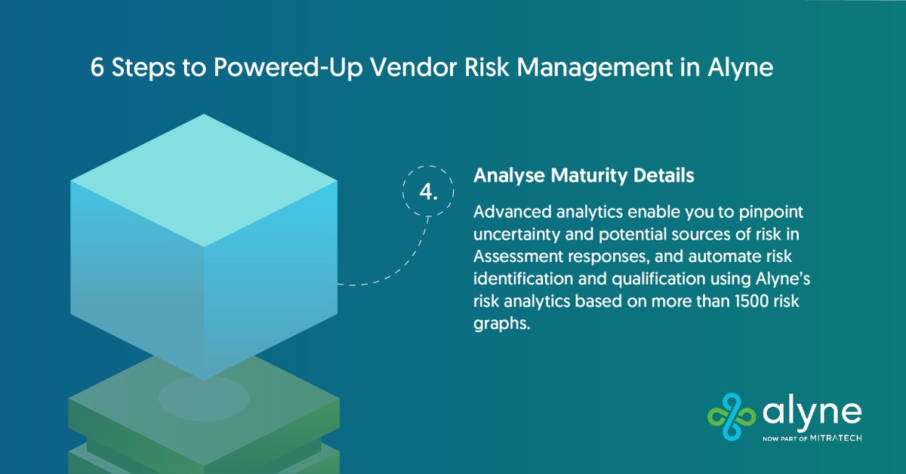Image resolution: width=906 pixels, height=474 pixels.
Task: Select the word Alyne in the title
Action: [737, 67]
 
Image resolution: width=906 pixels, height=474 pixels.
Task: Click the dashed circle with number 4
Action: [428, 192]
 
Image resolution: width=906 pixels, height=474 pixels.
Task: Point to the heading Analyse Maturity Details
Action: [584, 176]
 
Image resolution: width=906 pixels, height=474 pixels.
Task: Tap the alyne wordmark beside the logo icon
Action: [811, 414]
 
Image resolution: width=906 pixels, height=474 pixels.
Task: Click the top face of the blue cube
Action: [204, 180]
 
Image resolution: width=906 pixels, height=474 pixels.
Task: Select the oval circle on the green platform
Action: [204, 398]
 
